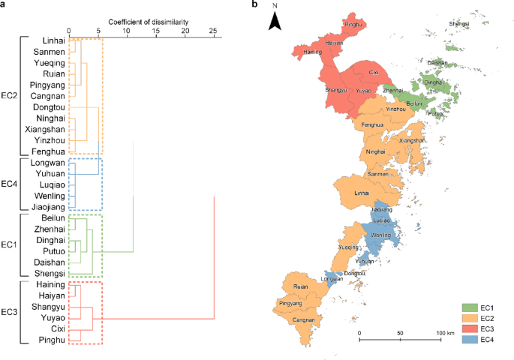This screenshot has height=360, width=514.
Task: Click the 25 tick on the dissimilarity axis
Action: [213, 31]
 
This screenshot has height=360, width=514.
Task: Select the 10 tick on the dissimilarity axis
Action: [127, 31]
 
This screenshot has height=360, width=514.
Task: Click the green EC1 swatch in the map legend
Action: [470, 307]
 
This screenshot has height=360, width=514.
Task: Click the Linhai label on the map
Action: [362, 193]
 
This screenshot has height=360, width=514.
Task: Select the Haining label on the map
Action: [314, 52]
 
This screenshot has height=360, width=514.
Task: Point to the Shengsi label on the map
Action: [460, 24]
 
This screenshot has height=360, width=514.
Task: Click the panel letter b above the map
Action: [256, 5]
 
